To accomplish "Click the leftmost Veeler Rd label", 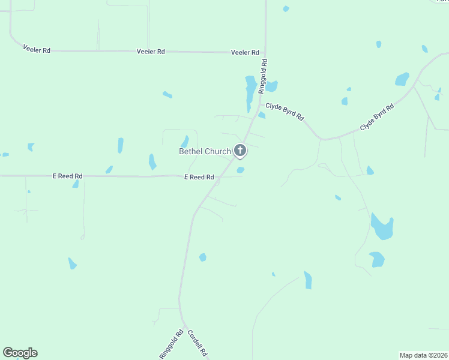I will [36, 49].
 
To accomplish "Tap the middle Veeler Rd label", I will [151, 52].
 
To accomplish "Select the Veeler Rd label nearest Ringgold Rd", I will [245, 53].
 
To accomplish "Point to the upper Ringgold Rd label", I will [262, 76].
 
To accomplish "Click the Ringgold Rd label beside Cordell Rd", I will [170, 344].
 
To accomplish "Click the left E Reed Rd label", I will [68, 176].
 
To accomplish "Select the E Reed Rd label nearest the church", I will [199, 177].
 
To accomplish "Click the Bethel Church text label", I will [205, 151].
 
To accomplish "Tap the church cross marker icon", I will [240, 150].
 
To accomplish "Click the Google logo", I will [20, 353].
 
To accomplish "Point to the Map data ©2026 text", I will [423, 355].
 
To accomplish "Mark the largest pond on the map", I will [382, 227].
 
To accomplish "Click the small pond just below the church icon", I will [240, 170].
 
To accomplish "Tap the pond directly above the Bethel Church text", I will [185, 141].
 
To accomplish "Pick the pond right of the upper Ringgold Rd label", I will [271, 86].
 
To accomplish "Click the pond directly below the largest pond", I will [377, 259].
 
